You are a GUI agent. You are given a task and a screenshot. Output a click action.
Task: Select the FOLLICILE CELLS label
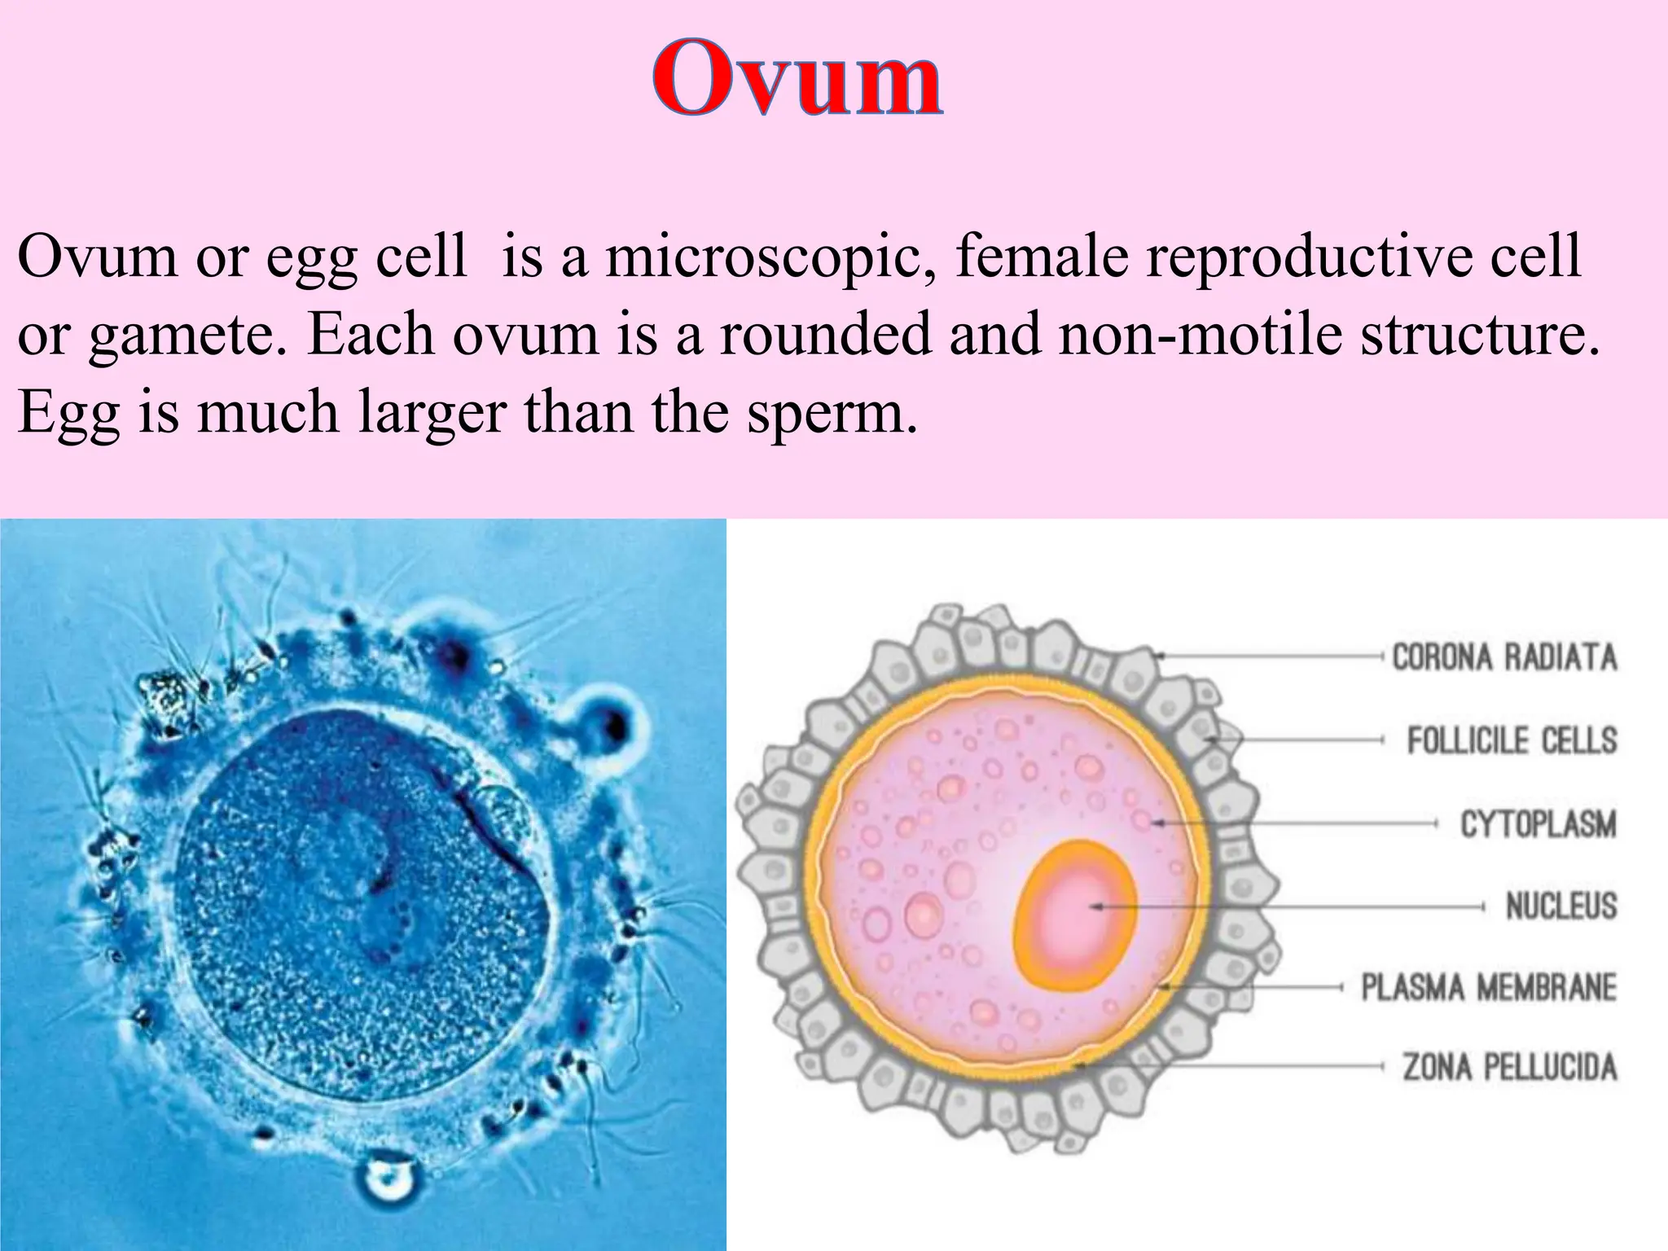tap(1512, 740)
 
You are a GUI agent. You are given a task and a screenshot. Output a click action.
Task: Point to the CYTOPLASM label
tap(1538, 824)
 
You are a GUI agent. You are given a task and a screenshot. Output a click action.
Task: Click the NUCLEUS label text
tap(1560, 906)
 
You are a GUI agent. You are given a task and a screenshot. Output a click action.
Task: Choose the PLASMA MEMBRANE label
tap(1489, 987)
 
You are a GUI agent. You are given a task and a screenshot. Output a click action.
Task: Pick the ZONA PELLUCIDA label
tap(1509, 1066)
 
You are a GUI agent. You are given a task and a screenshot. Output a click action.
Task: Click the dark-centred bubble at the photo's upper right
tap(610, 722)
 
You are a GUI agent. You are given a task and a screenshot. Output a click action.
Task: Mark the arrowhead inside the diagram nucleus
tap(1095, 906)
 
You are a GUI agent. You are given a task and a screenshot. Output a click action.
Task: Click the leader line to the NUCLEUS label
tap(1303, 906)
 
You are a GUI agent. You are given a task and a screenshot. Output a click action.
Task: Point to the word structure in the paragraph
tap(1474, 334)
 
